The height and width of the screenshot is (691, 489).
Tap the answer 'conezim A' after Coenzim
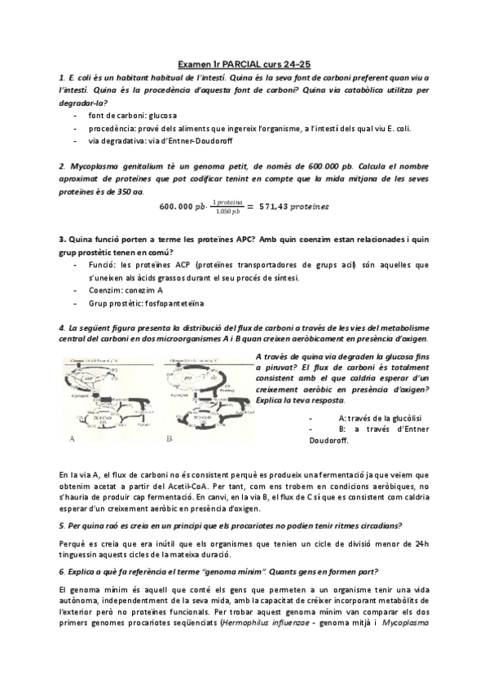[146, 290]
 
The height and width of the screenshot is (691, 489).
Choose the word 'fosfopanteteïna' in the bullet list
[178, 303]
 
